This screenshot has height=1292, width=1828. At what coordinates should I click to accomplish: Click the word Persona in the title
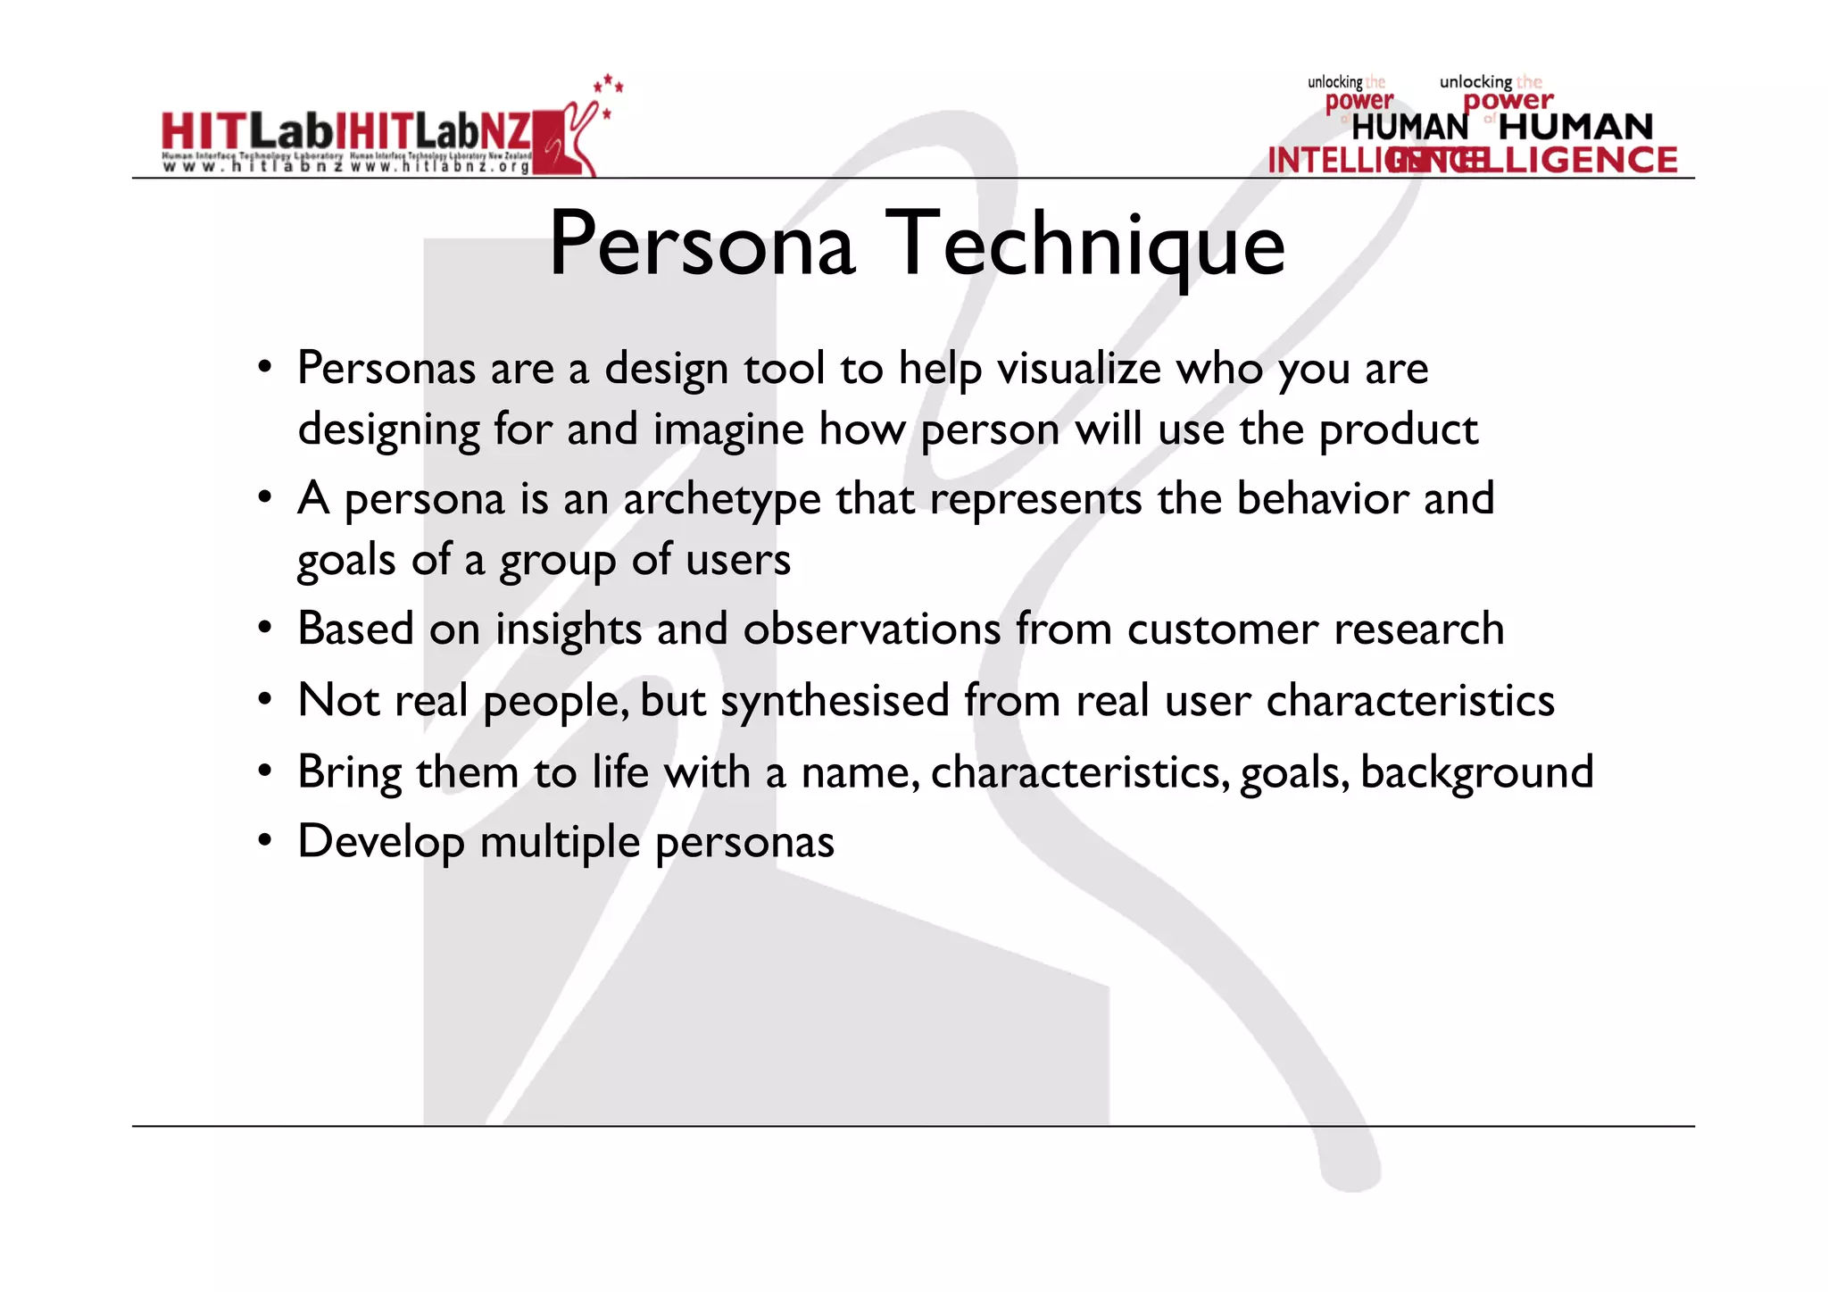click(702, 245)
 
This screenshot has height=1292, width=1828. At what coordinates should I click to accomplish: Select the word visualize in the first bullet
click(1078, 368)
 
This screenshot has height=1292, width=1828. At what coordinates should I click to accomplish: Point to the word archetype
click(721, 499)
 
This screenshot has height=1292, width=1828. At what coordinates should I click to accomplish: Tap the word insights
click(568, 629)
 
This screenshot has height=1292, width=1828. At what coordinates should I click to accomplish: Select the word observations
click(871, 629)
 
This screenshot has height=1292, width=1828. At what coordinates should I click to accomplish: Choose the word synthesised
click(835, 700)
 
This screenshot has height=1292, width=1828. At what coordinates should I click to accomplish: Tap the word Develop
click(381, 842)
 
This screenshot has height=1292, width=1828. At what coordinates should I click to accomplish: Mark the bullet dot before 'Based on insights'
click(265, 629)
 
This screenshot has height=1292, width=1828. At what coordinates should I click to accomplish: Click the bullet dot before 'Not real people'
click(265, 700)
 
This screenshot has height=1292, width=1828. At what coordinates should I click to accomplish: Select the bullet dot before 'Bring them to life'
click(265, 771)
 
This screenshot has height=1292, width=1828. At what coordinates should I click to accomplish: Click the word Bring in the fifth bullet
click(349, 772)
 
